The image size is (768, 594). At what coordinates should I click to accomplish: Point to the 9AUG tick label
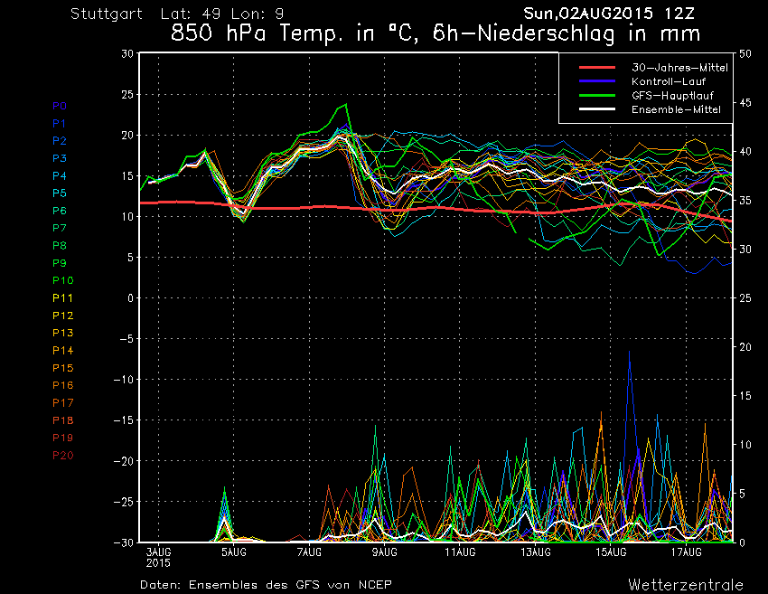(x=385, y=551)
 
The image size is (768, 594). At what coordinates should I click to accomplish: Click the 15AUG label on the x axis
(x=612, y=551)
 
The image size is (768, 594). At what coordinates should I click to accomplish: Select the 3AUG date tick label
(x=159, y=551)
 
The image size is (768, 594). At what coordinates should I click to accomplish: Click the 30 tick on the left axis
(x=127, y=53)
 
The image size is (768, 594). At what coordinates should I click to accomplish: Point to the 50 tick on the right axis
(x=745, y=53)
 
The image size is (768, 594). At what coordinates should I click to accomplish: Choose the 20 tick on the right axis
(x=745, y=347)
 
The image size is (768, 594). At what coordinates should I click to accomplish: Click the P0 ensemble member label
(x=60, y=106)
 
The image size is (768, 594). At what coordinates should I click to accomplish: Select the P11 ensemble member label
(x=62, y=297)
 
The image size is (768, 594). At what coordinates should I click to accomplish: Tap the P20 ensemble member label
(x=62, y=455)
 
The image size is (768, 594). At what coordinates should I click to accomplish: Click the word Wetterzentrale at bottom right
(x=686, y=584)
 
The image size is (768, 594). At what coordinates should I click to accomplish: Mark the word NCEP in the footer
(x=374, y=584)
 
